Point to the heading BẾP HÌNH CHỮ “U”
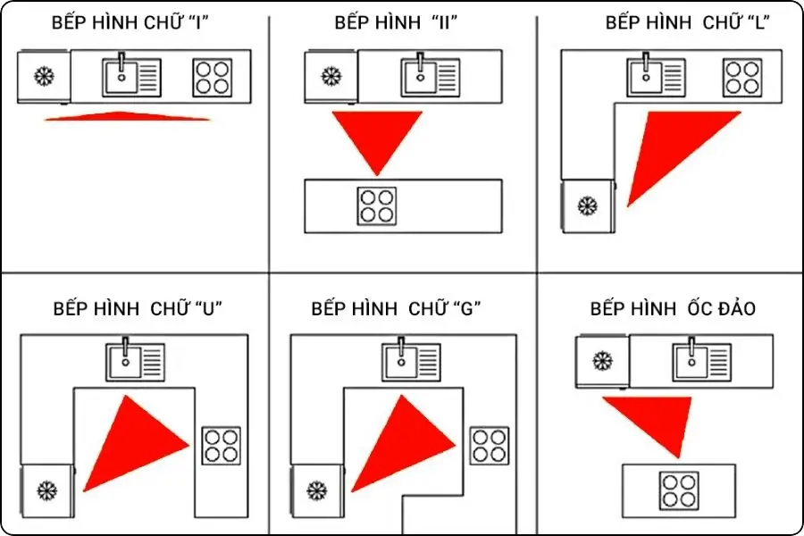click(137, 309)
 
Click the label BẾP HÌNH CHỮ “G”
click(397, 309)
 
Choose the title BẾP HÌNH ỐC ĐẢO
click(673, 309)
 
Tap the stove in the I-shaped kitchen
click(213, 78)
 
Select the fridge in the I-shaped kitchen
click(43, 76)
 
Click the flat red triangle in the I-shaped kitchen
click(128, 116)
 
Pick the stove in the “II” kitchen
click(376, 206)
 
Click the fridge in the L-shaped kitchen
click(587, 205)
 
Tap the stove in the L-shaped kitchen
click(742, 78)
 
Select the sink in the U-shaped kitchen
click(135, 361)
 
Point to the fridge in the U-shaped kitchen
click(46, 490)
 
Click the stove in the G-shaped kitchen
click(489, 446)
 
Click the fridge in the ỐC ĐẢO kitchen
click(603, 362)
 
